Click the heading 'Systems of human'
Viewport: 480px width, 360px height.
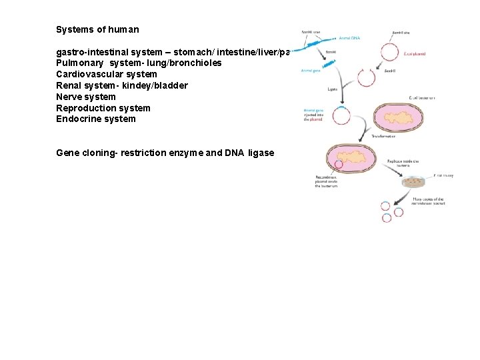97,30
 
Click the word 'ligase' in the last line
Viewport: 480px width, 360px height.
261,153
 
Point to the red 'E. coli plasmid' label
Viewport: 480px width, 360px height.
415,53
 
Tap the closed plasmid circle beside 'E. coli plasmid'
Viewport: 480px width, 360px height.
389,52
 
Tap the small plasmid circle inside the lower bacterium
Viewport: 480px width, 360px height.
339,164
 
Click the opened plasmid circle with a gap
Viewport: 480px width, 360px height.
366,77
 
